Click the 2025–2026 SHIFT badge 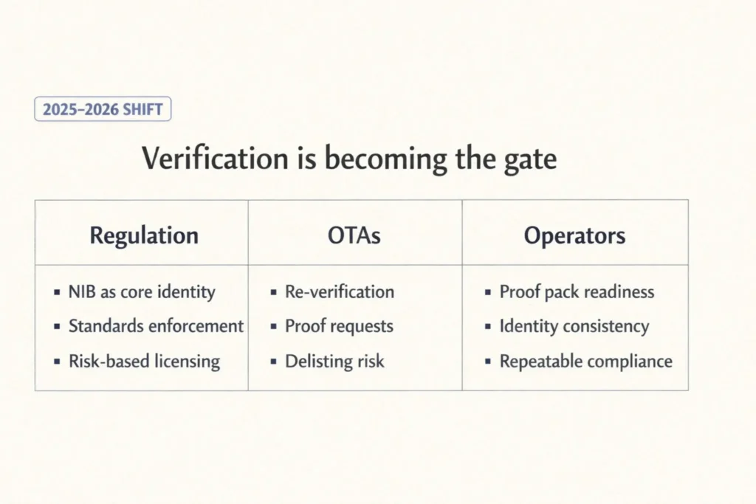coord(103,110)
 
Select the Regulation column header coord(144,235)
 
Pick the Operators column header coord(574,235)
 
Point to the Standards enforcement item coord(156,326)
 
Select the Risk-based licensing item coord(144,362)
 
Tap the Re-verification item coord(340,291)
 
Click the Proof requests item coord(339,326)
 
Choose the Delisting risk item coord(334,362)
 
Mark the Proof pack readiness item coord(577,291)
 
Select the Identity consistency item coord(574,326)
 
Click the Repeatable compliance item coord(585,362)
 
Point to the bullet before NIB coord(58,292)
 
